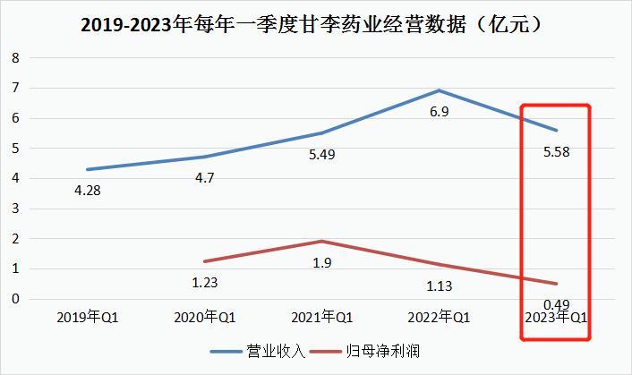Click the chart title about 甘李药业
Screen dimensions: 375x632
tap(315, 26)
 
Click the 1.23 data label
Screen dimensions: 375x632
tap(204, 283)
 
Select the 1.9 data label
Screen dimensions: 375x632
tap(320, 262)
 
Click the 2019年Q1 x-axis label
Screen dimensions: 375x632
tap(87, 318)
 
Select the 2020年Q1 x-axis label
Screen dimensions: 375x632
tap(203, 318)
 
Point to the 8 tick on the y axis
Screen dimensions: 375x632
tap(15, 58)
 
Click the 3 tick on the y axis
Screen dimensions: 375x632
tap(15, 209)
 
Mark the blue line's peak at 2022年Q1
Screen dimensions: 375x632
tap(439, 90)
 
